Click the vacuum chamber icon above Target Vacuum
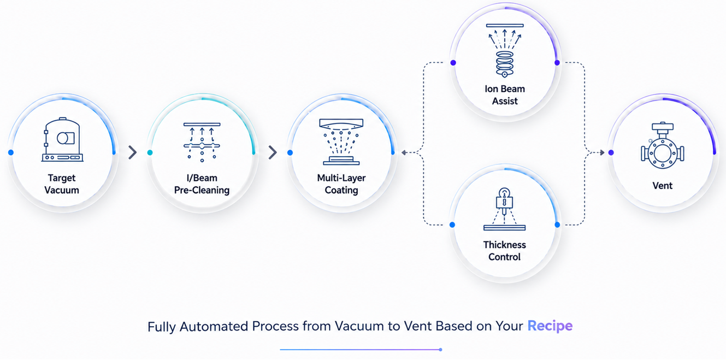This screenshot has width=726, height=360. click(62, 139)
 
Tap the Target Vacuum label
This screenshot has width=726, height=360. click(62, 184)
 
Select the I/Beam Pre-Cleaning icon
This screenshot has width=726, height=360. click(202, 142)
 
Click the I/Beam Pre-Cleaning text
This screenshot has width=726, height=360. click(202, 184)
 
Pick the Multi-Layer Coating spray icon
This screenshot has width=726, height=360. click(341, 141)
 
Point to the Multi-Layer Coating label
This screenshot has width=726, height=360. click(341, 184)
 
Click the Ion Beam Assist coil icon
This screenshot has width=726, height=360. click(505, 51)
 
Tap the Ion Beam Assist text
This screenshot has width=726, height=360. click(505, 95)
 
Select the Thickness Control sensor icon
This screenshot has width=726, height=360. click(504, 209)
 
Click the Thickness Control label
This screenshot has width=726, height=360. click(505, 251)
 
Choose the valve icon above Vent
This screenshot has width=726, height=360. click(663, 145)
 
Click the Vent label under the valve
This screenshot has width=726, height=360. click(663, 186)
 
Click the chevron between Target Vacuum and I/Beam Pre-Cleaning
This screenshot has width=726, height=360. click(133, 152)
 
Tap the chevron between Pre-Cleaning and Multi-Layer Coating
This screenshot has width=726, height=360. click(273, 152)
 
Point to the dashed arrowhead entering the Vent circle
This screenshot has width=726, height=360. click(602, 152)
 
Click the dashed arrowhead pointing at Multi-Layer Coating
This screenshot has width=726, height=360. click(404, 152)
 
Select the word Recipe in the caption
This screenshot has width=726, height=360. click(550, 326)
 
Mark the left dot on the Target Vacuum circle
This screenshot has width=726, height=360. click(11, 152)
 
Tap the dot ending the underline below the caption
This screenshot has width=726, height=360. click(440, 350)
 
